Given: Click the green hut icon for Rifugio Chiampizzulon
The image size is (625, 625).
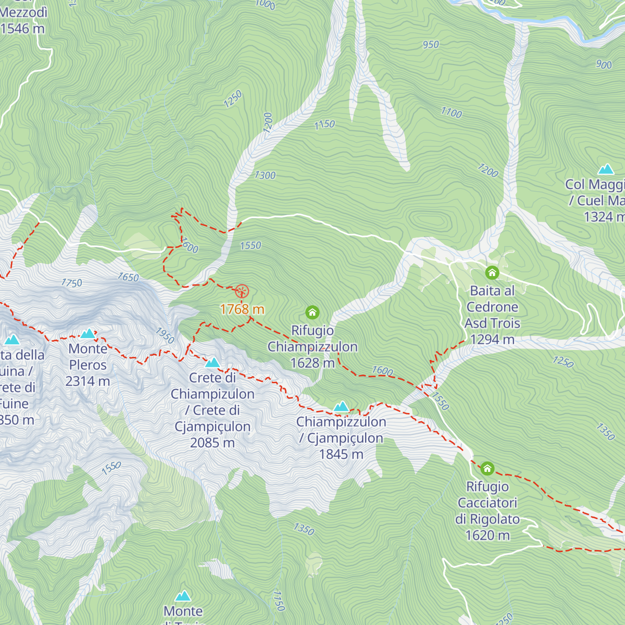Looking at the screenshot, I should [x=312, y=312].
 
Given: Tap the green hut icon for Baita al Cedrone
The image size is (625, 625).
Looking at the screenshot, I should [x=492, y=272].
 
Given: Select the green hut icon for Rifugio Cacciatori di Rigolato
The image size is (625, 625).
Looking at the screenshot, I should [x=487, y=468].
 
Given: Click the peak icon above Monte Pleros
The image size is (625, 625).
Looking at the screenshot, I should [x=87, y=333].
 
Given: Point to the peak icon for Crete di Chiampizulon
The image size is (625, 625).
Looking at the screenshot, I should [x=213, y=362].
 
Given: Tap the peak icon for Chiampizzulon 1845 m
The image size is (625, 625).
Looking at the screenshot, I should [x=341, y=406].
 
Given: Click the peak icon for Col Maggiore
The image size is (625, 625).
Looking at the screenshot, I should [x=606, y=169].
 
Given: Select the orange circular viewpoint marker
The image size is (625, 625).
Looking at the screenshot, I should [x=242, y=291].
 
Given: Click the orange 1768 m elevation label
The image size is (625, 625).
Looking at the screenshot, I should [x=242, y=309].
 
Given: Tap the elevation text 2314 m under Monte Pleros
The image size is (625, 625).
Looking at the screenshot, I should [x=87, y=382].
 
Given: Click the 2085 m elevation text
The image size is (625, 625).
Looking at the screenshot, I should [x=213, y=443].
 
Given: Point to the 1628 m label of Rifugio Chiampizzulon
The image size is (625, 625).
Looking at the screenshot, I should [x=312, y=363].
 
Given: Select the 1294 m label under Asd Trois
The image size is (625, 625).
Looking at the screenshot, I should [x=492, y=340].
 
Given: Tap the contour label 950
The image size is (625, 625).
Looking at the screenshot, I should [x=431, y=45].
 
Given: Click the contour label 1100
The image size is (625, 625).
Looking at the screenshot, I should [x=451, y=112].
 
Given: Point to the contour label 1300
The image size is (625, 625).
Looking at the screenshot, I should [x=265, y=176].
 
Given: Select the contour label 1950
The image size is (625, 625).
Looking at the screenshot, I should [x=165, y=335].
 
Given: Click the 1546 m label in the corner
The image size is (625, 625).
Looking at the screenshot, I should [x=22, y=29].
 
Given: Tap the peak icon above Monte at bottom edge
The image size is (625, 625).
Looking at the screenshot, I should [x=183, y=596].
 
